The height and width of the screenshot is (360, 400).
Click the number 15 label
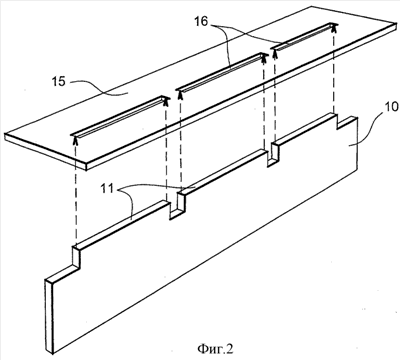(59, 81)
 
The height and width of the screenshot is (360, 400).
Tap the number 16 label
(201, 21)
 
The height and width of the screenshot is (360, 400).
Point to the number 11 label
(107, 189)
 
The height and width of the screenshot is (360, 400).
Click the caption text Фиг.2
(216, 349)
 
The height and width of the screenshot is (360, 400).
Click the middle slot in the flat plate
(221, 72)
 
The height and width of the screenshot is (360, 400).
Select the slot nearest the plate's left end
(119, 116)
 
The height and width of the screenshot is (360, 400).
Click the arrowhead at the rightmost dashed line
(334, 28)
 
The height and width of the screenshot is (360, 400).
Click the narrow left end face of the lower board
(49, 316)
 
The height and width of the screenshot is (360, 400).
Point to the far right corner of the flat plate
(396, 24)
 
